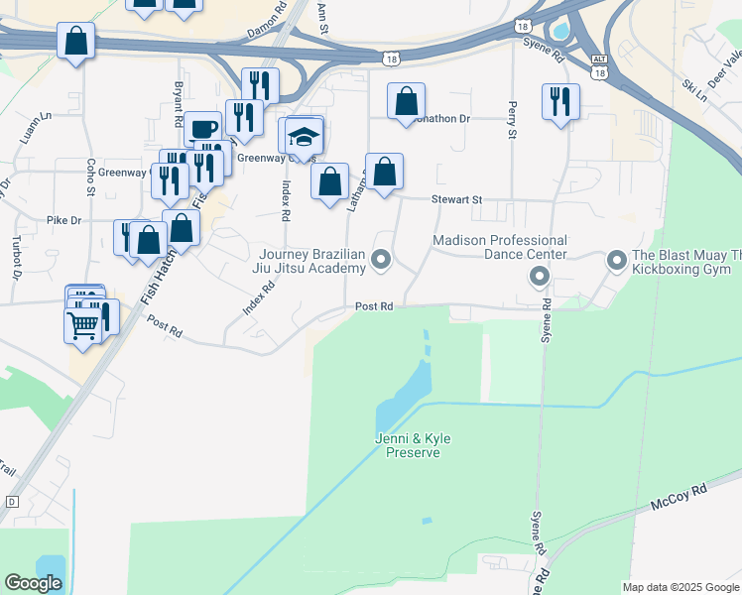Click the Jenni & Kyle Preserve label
click(x=407, y=444)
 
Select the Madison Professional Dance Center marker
click(x=540, y=275)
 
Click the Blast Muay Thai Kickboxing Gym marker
click(x=617, y=261)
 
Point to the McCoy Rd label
click(x=679, y=498)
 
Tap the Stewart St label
click(x=456, y=199)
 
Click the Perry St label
click(x=513, y=119)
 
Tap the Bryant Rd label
click(x=179, y=102)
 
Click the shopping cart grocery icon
click(x=82, y=323)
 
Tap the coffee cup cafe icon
click(x=202, y=129)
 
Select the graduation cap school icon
click(x=304, y=136)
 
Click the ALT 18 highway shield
click(x=598, y=64)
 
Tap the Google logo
click(x=33, y=583)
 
